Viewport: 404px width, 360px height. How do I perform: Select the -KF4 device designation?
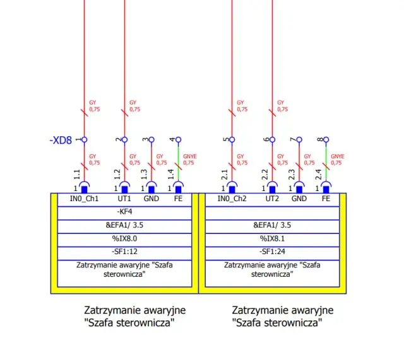(x=124, y=212)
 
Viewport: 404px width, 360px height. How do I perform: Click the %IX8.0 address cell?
(x=124, y=238)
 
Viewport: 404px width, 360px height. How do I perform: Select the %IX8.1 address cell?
(x=272, y=238)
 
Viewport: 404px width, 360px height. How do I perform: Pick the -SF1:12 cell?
(x=124, y=252)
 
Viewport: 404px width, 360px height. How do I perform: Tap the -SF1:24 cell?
(x=272, y=252)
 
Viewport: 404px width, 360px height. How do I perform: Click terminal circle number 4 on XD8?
(x=178, y=139)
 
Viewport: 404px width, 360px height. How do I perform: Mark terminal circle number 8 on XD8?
(x=326, y=139)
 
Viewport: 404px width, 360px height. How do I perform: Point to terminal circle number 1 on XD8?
(x=85, y=139)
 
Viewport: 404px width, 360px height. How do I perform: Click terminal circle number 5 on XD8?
(x=232, y=139)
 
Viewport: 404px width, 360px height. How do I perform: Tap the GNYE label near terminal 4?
(x=189, y=159)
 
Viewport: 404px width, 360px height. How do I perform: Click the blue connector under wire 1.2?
(x=124, y=189)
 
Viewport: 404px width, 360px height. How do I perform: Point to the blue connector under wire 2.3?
(x=299, y=189)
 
